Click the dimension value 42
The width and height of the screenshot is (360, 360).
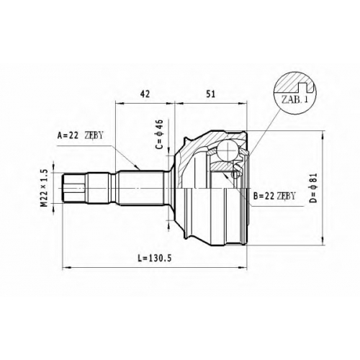tap(145, 94)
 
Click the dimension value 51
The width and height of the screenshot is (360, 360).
tap(211, 94)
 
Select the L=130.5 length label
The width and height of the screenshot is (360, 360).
tap(154, 258)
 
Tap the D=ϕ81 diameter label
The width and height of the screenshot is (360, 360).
tap(314, 188)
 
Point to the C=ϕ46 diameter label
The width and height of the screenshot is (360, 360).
tap(159, 135)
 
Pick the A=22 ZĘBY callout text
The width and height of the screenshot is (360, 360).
tap(80, 136)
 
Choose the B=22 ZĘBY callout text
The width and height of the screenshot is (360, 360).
tap(274, 196)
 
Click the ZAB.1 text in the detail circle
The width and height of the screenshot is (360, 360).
tap(294, 99)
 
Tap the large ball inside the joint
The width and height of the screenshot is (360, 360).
tap(227, 150)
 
